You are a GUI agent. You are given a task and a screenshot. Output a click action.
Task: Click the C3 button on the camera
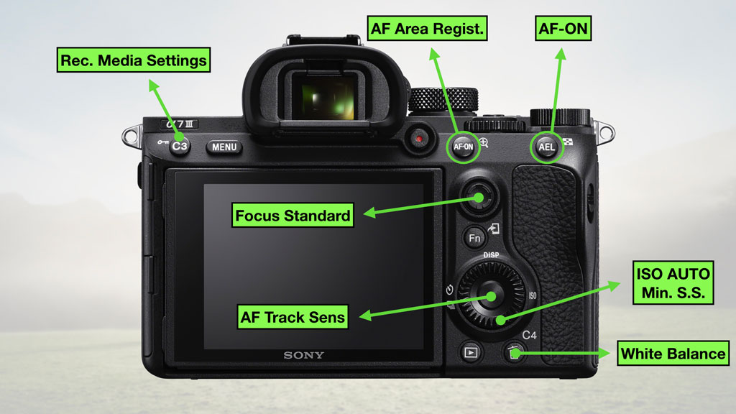click(x=180, y=147)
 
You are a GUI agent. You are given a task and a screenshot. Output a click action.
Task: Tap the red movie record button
click(x=419, y=137)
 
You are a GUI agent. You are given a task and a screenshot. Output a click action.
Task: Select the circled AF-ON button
click(x=463, y=147)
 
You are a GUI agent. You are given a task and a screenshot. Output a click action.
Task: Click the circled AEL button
click(x=547, y=147)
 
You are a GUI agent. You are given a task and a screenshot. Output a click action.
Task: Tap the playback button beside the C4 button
click(x=471, y=352)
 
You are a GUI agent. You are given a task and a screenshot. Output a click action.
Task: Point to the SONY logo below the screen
click(x=303, y=355)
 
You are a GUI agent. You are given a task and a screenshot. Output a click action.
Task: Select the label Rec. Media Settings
click(x=133, y=60)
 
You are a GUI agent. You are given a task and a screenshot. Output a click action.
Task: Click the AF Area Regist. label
click(x=428, y=29)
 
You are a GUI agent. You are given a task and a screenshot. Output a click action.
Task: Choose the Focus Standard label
click(x=293, y=215)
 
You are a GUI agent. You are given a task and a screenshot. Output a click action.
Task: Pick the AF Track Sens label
click(x=293, y=316)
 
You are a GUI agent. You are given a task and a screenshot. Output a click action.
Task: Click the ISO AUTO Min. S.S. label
click(x=673, y=283)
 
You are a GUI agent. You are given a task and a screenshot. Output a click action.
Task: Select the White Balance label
click(x=673, y=354)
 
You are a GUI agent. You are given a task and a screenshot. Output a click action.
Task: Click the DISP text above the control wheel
click(x=491, y=255)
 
